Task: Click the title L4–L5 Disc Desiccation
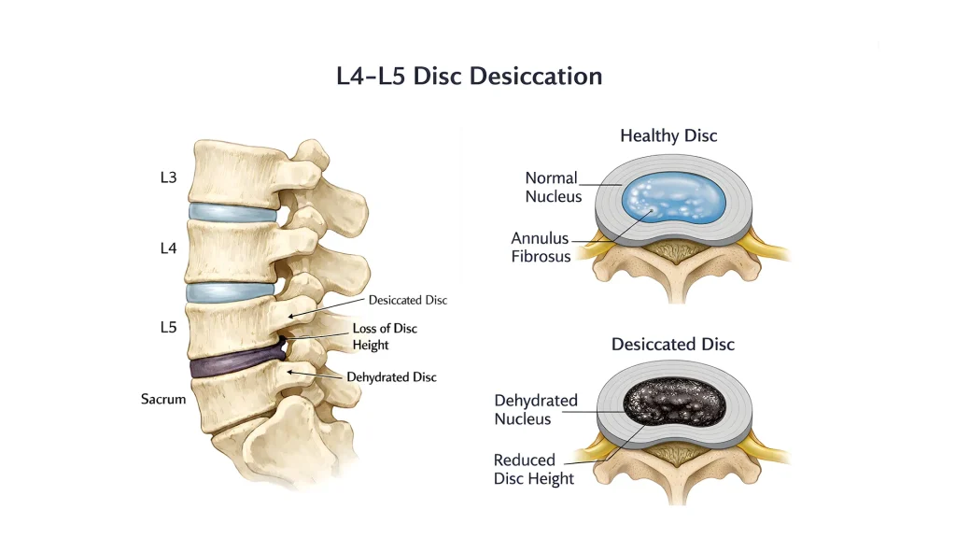tap(470, 77)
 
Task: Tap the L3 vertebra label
tap(168, 177)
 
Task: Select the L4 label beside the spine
tap(168, 248)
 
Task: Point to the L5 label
tap(168, 328)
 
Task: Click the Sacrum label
tap(163, 399)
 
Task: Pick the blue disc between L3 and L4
tap(232, 213)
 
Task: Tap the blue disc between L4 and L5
tap(231, 291)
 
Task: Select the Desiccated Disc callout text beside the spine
tap(408, 300)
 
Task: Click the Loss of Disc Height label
tap(385, 336)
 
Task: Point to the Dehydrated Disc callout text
tap(391, 377)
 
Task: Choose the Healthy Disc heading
tap(668, 135)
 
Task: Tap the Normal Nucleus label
tap(553, 187)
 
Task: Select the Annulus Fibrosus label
tap(541, 247)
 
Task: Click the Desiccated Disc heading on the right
tap(673, 345)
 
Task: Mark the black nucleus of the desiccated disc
tap(674, 403)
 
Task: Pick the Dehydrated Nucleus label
tap(535, 410)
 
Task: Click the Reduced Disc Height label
tap(533, 469)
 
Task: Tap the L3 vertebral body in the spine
tap(234, 174)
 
